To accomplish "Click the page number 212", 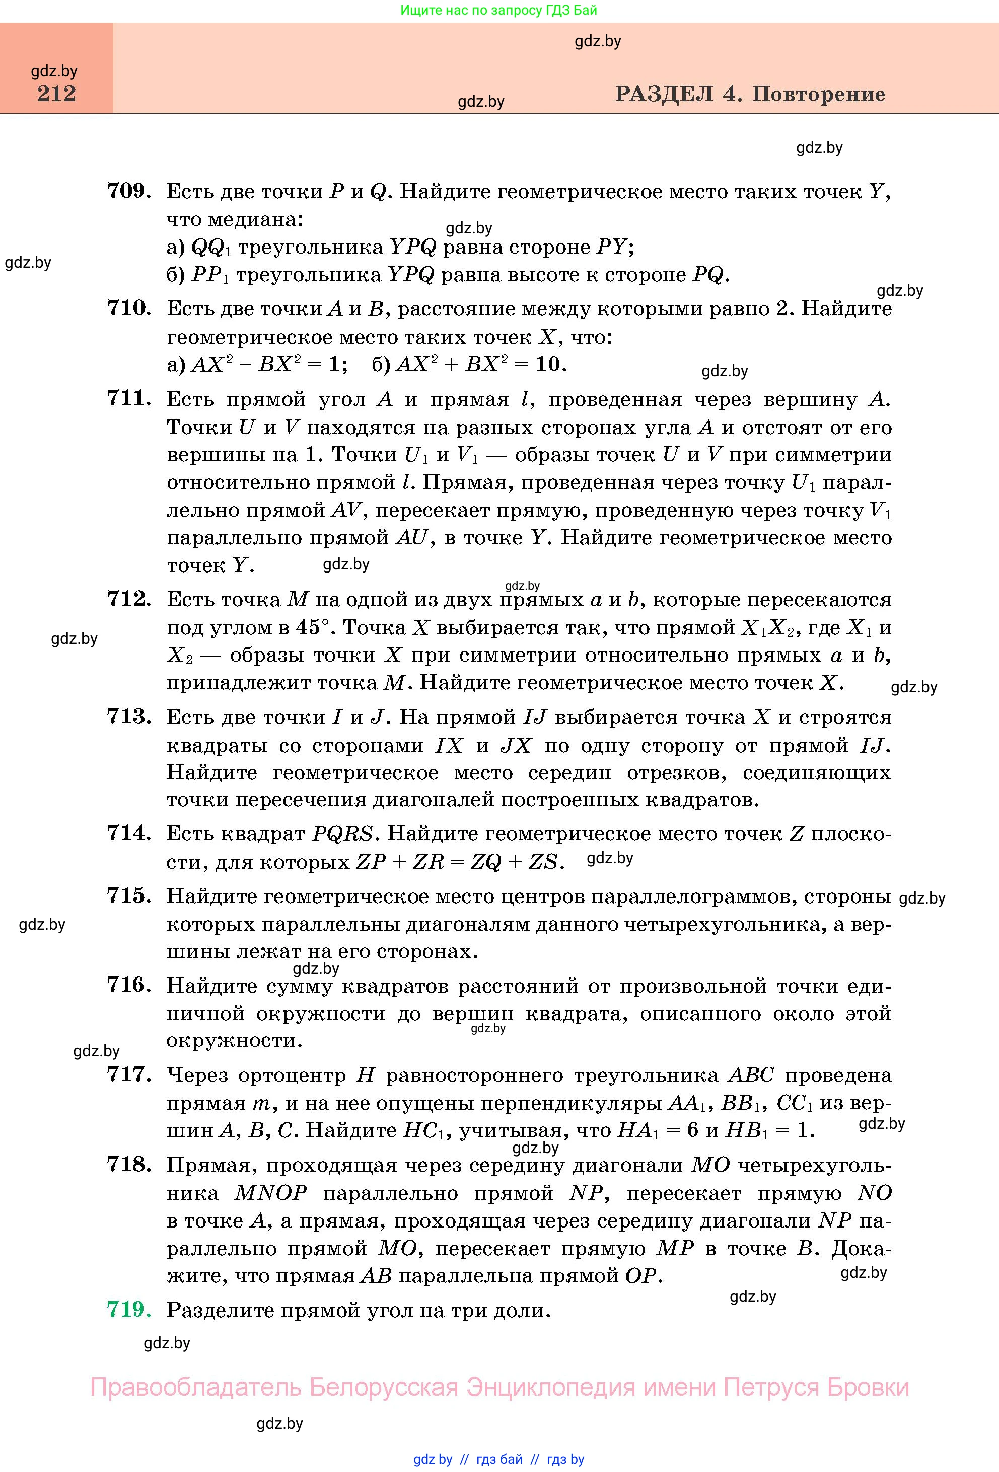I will click(56, 94).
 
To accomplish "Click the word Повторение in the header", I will click(818, 95).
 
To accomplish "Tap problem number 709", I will click(129, 191).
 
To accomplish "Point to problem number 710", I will click(129, 308).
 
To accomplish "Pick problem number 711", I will click(129, 399).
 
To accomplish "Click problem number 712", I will click(129, 599).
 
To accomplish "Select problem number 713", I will click(129, 717).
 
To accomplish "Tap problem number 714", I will click(129, 834).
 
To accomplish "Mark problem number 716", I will click(129, 986).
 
